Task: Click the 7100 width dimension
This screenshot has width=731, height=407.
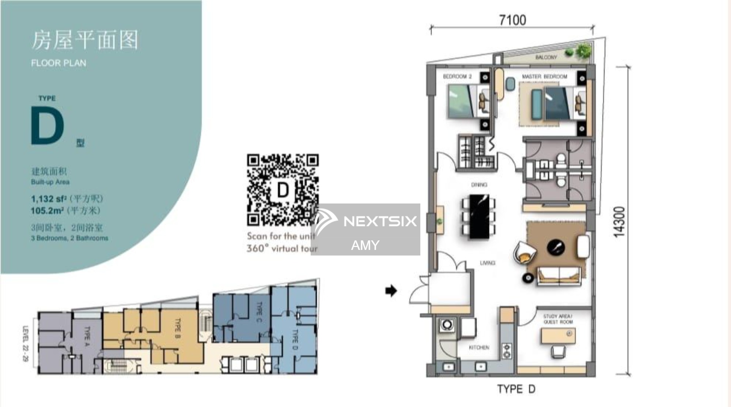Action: [512, 20]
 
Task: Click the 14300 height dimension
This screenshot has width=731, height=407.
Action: [619, 222]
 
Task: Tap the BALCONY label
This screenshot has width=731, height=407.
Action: [546, 57]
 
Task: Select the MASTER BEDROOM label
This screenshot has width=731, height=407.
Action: [544, 77]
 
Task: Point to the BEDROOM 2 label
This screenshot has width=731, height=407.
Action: [457, 76]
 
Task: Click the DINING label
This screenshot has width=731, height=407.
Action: [479, 185]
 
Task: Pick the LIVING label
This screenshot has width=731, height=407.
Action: [488, 263]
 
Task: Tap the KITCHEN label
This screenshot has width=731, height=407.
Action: [479, 347]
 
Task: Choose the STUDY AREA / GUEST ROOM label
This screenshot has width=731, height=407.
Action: [558, 319]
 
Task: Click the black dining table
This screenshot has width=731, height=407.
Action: [479, 216]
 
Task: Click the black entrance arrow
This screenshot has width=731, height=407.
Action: [391, 291]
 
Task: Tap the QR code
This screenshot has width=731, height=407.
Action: [283, 190]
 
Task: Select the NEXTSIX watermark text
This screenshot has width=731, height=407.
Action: [380, 221]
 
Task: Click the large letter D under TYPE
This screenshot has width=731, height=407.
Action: [47, 126]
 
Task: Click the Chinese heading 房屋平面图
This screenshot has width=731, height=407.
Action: [85, 40]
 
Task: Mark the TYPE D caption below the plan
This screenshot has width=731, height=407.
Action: [516, 389]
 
